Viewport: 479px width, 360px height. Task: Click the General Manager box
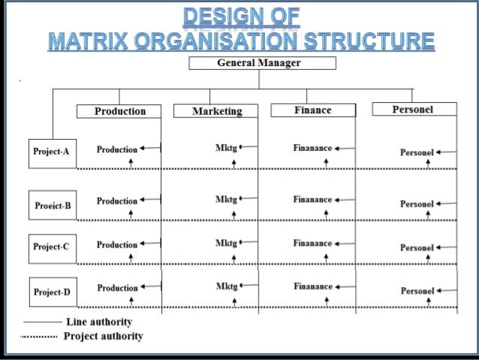tap(258, 63)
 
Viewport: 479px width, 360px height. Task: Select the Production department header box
tap(120, 111)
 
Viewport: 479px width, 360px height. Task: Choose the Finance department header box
tap(312, 110)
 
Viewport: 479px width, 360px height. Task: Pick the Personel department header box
tap(413, 110)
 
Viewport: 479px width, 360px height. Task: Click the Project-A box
tap(51, 152)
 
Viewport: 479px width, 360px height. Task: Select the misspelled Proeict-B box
tap(53, 205)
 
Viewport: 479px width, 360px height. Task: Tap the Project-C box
tap(51, 247)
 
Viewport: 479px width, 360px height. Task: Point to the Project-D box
tap(52, 292)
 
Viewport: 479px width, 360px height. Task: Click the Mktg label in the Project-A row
tap(226, 148)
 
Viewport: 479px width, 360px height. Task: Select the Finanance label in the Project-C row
tap(312, 244)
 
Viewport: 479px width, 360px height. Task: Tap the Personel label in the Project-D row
tap(417, 291)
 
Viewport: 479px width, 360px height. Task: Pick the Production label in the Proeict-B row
tap(117, 201)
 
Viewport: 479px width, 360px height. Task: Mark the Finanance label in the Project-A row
tap(312, 148)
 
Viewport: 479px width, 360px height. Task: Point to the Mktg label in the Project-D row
tap(226, 286)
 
